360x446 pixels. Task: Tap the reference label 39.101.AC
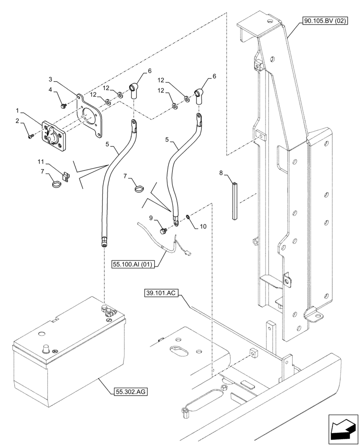(x=161, y=293)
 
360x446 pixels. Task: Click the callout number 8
(x=221, y=172)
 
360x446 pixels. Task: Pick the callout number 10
(x=203, y=227)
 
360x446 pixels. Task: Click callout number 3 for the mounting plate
(x=51, y=80)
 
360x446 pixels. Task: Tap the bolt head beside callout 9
(x=163, y=230)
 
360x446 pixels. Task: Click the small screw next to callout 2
(x=31, y=137)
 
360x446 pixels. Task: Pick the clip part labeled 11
(x=66, y=177)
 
